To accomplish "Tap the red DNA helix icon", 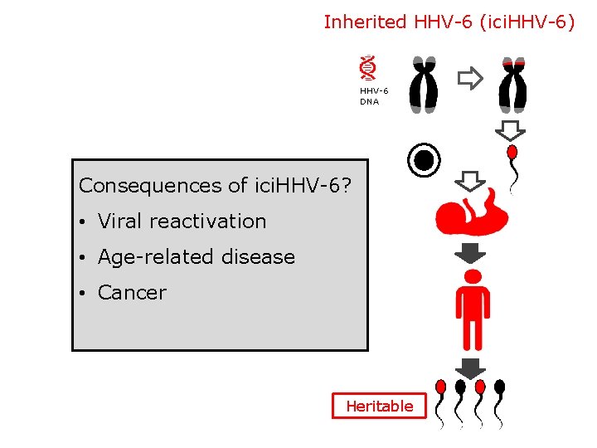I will pos(368,67).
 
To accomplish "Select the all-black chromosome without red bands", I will pos(425,84).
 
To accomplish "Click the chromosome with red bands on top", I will pos(512,84).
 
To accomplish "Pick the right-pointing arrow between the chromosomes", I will pos(470,79).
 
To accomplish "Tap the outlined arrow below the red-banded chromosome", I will pos(511,130).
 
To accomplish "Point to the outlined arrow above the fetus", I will pos(471,180).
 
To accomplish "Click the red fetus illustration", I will pos(471,212).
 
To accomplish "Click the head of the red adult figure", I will pos(473,276).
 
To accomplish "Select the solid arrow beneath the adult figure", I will pos(471,368).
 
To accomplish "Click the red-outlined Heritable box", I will pos(379,406).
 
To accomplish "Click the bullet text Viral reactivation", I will pos(182,222).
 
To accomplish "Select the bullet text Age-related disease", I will pos(196,257).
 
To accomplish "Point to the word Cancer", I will pos(132,293).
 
